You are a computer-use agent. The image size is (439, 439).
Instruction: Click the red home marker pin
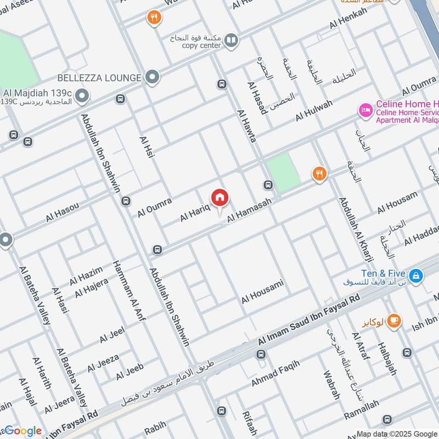click(220, 198)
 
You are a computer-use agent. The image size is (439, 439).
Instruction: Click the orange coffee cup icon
click(393, 322)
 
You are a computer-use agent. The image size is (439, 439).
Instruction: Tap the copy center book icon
click(232, 41)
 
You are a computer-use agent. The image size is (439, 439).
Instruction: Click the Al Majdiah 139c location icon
click(82, 98)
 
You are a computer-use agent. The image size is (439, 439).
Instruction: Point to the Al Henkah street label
click(348, 19)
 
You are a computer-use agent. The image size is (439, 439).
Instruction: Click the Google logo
click(23, 430)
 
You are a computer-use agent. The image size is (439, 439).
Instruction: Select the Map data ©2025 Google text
click(396, 433)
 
